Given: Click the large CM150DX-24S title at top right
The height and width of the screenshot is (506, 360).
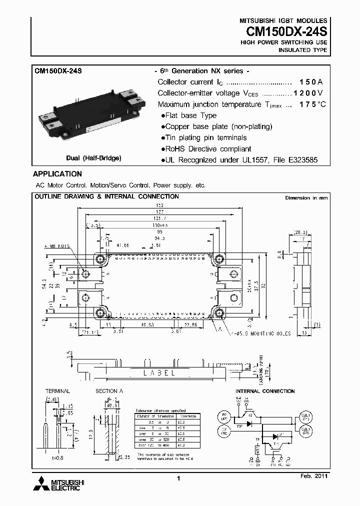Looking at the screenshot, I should [x=286, y=31].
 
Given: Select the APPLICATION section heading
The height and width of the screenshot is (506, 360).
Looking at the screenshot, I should [x=57, y=174].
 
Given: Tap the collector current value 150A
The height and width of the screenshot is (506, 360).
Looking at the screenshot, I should [x=311, y=82].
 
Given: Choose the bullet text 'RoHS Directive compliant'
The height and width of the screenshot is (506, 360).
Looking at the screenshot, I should [x=208, y=149].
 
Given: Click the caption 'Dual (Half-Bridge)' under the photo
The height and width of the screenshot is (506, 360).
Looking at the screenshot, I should [x=93, y=158].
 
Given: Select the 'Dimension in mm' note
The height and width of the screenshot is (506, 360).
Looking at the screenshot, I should [x=306, y=198].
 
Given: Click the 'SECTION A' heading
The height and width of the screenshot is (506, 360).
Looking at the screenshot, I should [x=106, y=391].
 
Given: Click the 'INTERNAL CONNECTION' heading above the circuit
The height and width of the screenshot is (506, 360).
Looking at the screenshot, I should [x=265, y=391].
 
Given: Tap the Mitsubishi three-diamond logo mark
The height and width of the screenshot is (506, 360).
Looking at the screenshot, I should [x=40, y=483].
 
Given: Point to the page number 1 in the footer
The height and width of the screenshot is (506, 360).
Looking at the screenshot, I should [x=178, y=479].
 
